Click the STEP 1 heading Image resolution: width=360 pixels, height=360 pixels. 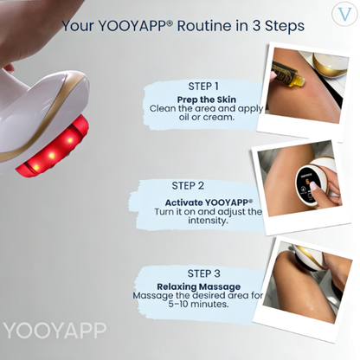click(x=203, y=87)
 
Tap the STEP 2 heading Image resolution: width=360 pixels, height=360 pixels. click(x=188, y=186)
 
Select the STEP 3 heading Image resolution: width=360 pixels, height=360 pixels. click(x=203, y=273)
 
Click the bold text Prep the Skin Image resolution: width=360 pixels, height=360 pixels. click(x=207, y=100)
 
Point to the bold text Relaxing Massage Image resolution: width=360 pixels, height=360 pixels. click(x=199, y=286)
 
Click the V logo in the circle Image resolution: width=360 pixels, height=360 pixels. click(x=345, y=14)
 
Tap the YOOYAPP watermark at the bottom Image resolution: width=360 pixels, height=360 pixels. click(x=55, y=331)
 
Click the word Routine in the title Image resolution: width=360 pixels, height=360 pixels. click(x=213, y=26)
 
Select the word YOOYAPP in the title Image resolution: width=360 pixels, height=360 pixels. click(x=133, y=26)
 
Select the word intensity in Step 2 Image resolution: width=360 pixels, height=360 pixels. click(x=208, y=221)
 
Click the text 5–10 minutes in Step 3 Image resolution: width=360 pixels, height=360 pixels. click(x=198, y=304)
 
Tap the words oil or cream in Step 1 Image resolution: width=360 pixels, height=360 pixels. click(x=206, y=117)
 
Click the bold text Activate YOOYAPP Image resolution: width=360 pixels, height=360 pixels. click(x=209, y=202)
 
